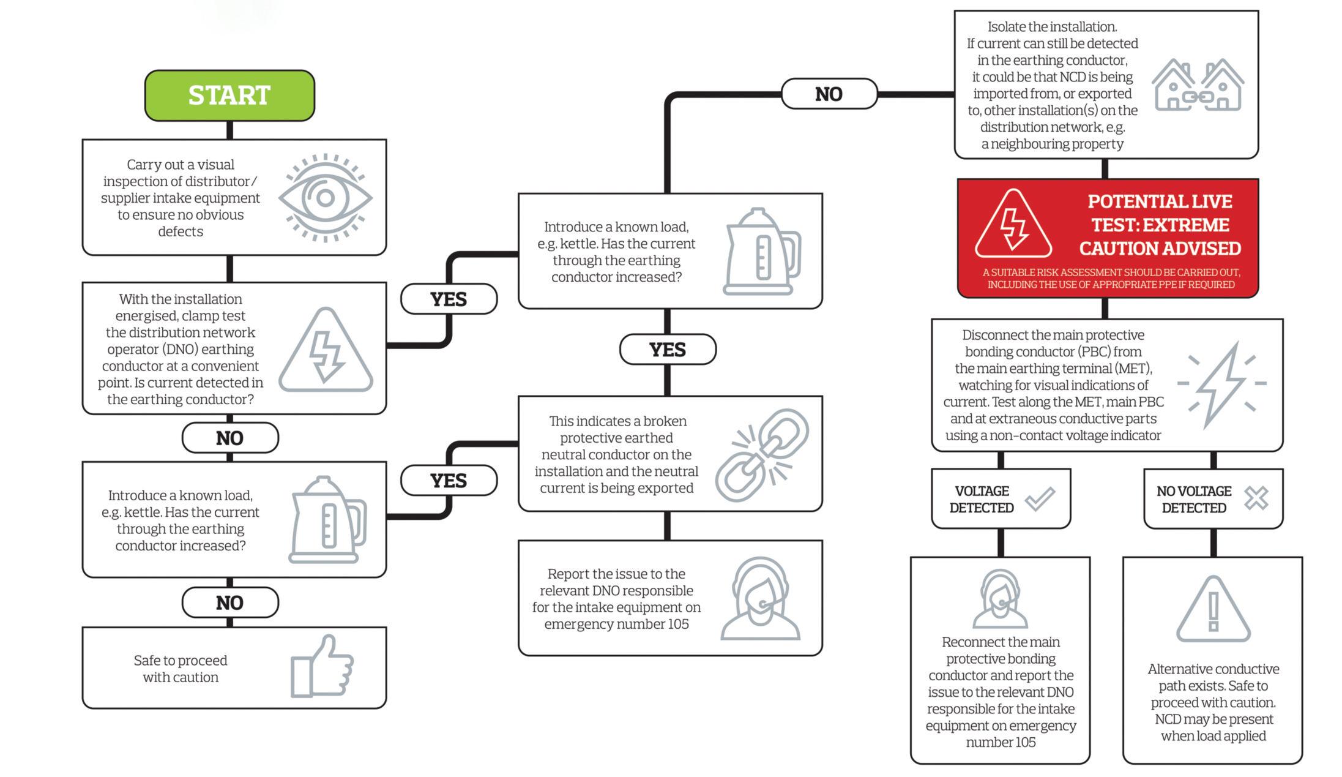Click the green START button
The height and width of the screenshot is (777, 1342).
coord(229,96)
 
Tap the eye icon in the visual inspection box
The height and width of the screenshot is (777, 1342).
coord(325,198)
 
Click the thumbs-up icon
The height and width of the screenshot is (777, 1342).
coord(322,667)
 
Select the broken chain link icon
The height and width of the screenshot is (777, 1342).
coord(761,455)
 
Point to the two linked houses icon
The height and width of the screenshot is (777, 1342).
coord(1197,86)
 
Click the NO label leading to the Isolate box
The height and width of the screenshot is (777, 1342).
coord(829,94)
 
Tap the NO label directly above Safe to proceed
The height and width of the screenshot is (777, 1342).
coord(229,603)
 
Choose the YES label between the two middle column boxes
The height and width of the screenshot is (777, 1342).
coord(667,350)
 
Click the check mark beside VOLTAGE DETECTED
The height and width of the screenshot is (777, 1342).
coord(1040,498)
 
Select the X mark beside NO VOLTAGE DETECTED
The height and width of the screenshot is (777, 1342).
coord(1256,498)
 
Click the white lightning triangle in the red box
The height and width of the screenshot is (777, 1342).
coord(1013,225)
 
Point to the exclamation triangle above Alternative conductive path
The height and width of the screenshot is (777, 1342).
coord(1213,610)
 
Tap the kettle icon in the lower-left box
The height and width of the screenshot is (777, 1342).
coord(328,520)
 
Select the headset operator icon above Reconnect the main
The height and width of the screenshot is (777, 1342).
coord(1000,599)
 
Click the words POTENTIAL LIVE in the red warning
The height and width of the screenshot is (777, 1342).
coord(1160,201)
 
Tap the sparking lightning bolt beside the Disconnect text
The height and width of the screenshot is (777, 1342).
coord(1221,384)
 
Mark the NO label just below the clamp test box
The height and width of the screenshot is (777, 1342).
coord(229,438)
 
